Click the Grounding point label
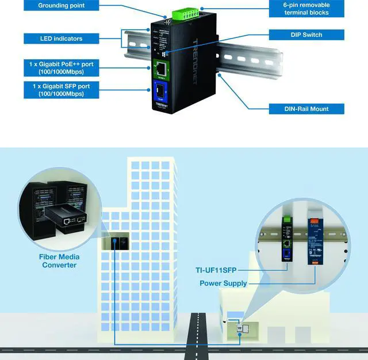(61, 6)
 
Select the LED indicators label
(61, 39)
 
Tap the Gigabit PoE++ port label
(61, 68)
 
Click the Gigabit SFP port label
(61, 90)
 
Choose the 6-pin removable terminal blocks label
(306, 9)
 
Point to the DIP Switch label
(306, 35)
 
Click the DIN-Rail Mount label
(306, 109)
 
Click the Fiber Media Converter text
(59, 261)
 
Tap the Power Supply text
(223, 283)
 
